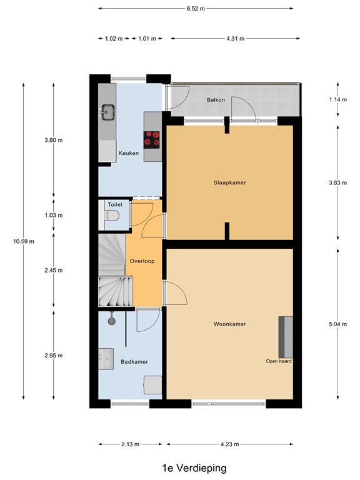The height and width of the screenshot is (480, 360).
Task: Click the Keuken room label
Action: point(128,153)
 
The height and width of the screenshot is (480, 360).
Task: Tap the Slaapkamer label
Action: point(229,182)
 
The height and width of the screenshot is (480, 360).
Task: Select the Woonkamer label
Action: point(229,324)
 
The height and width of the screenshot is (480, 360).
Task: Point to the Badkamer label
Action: point(134,361)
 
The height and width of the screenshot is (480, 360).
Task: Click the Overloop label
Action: point(142,261)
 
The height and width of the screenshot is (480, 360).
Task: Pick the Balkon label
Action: point(216,100)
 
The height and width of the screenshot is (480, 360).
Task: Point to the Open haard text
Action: point(279,361)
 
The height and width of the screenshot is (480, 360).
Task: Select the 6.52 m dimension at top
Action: point(195,8)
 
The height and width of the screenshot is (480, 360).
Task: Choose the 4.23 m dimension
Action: point(229,444)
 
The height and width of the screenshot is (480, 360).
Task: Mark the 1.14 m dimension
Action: point(338,100)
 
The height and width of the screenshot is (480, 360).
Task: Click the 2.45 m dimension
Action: point(54,271)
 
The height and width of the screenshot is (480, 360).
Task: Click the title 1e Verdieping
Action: point(194,467)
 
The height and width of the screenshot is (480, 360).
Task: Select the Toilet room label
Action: point(115,204)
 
